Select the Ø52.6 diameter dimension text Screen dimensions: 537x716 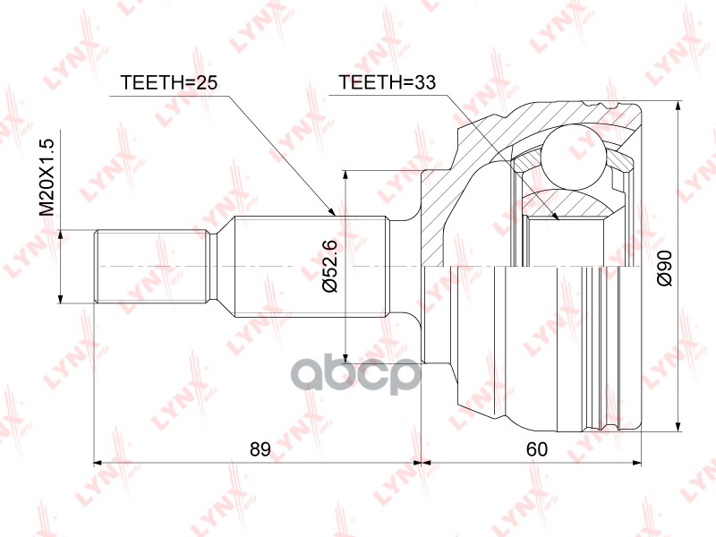[328, 266]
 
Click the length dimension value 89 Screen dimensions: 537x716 [260, 447]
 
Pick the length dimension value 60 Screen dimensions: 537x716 [536, 447]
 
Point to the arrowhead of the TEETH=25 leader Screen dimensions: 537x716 [332, 214]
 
